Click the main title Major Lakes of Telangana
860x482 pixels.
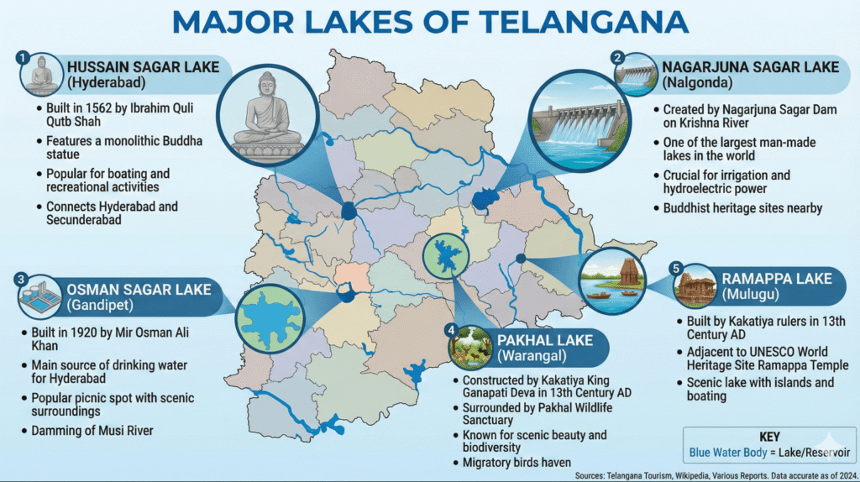(x=430, y=22)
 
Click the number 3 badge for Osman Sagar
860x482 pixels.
(x=23, y=279)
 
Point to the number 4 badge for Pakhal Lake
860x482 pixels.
(x=451, y=327)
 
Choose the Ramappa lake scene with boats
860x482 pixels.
(x=618, y=280)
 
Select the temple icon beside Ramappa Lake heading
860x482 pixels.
(x=695, y=286)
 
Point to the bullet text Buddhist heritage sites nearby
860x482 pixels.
(x=742, y=207)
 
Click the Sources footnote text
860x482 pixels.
(x=714, y=475)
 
